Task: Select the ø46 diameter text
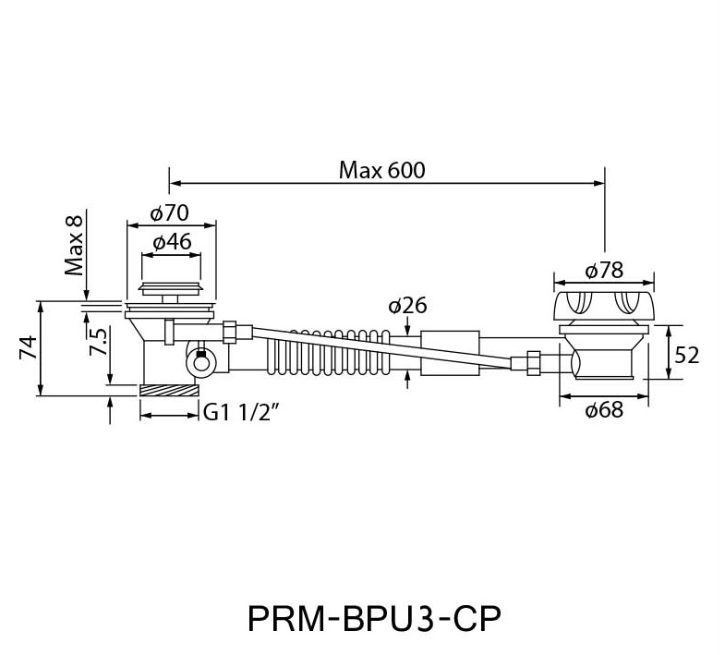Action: (171, 242)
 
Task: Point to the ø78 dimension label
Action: (605, 270)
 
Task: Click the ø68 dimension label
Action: (604, 410)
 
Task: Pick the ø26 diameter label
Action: (406, 306)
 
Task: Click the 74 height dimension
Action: (29, 347)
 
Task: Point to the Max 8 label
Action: (75, 244)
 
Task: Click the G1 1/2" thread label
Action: (242, 414)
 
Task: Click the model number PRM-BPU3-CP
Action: (374, 617)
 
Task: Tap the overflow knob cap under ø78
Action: (603, 304)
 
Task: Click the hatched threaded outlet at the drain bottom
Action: (171, 388)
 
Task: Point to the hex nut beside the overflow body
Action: (532, 360)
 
